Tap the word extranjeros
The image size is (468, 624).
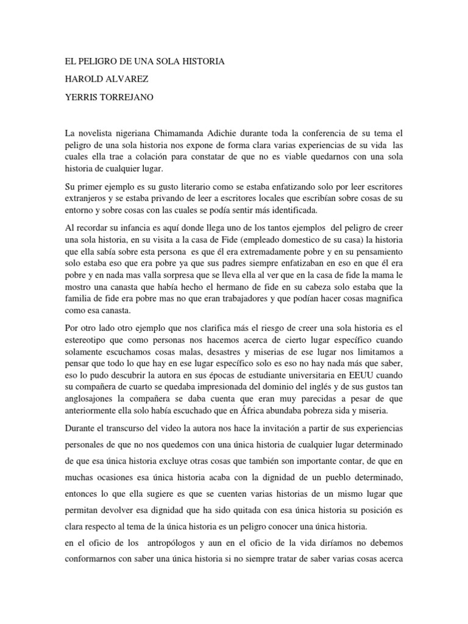click(x=88, y=198)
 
